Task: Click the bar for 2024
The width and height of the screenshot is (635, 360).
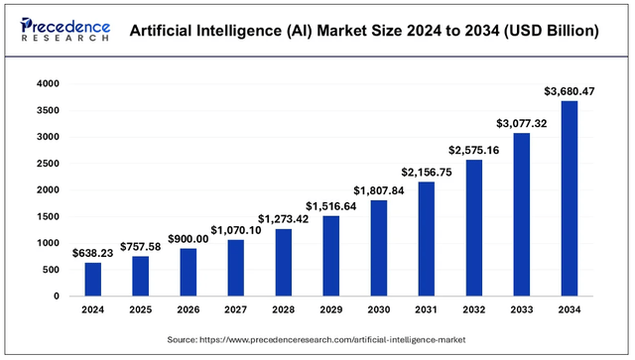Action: tap(92, 279)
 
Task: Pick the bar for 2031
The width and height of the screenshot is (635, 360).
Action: tap(426, 238)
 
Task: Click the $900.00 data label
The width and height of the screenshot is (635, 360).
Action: tap(188, 238)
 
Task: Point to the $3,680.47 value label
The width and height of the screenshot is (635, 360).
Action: tap(569, 91)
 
